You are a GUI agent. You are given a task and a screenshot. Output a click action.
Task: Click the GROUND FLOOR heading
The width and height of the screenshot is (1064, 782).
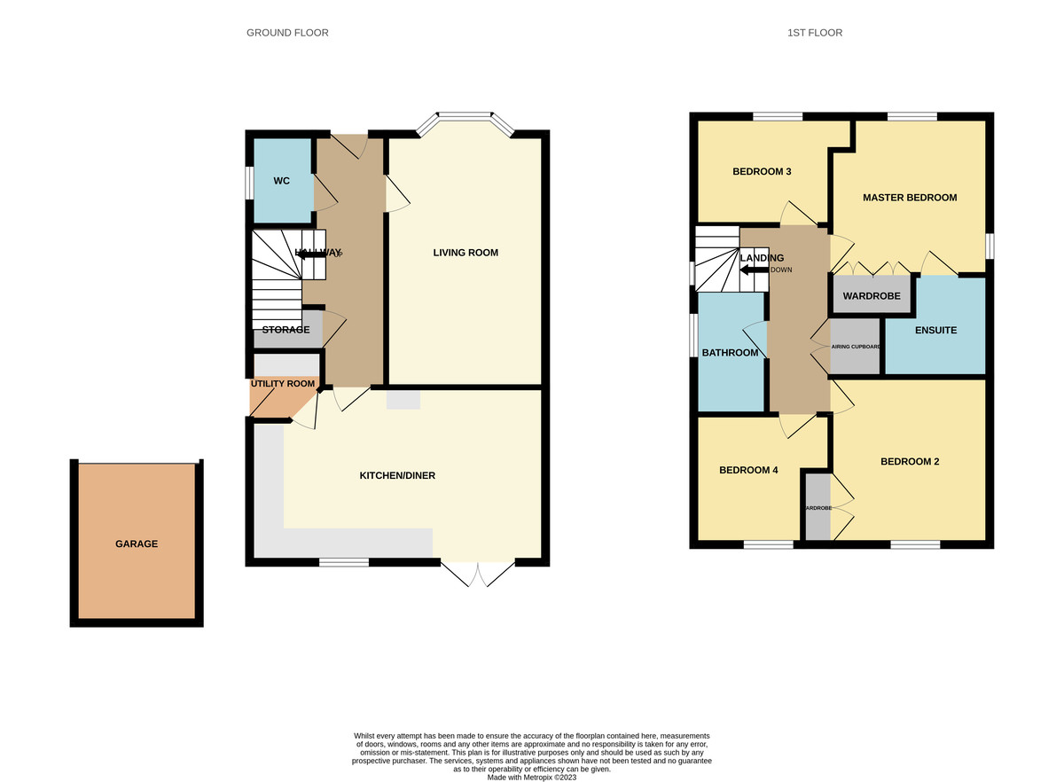[287, 33]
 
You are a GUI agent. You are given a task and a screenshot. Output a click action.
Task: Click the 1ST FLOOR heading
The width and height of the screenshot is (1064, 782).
[814, 33]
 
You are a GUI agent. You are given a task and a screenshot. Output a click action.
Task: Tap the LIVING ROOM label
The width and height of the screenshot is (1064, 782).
[465, 253]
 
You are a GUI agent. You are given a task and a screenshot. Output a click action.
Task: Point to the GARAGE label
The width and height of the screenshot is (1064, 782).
[136, 543]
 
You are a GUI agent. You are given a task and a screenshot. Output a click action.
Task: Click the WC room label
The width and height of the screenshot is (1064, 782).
[281, 181]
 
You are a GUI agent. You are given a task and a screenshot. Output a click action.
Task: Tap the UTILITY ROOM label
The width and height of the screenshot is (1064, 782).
[283, 384]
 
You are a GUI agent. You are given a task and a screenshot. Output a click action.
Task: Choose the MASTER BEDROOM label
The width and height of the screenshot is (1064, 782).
[910, 198]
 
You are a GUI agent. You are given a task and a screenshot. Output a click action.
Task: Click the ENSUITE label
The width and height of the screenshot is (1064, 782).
[935, 331]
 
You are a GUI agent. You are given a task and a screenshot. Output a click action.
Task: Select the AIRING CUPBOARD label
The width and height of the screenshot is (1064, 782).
[856, 347]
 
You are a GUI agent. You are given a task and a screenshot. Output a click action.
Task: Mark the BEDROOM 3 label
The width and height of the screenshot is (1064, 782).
[762, 172]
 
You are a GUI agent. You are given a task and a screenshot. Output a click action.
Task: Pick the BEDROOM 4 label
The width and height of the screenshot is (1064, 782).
[748, 470]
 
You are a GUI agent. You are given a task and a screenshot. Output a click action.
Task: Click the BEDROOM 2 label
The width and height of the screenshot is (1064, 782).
[909, 461]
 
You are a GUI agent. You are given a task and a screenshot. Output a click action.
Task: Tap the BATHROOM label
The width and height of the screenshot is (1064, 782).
[730, 353]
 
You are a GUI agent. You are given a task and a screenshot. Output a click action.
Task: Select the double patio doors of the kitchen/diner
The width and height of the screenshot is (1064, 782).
[478, 574]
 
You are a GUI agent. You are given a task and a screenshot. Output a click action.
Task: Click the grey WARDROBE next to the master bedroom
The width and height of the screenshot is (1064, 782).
[872, 296]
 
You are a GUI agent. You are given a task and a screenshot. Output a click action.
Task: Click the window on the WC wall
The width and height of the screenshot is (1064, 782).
[249, 181]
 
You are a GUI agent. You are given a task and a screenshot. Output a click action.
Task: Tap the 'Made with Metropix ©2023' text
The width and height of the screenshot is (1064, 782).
[532, 777]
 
